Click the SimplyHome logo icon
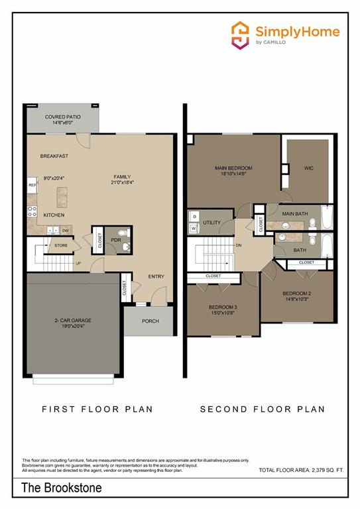(x=240, y=34)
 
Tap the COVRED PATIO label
(x=63, y=117)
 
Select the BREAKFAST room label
(x=54, y=156)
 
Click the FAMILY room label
(x=122, y=177)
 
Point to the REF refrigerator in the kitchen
(x=32, y=186)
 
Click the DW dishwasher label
(x=66, y=231)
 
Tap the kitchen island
(x=64, y=196)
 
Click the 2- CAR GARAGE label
(x=73, y=320)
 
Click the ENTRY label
(x=156, y=276)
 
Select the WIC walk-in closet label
(x=308, y=168)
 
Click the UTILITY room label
(x=211, y=223)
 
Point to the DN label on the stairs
(x=238, y=245)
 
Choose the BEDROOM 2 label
(x=297, y=293)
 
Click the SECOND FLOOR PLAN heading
(x=263, y=409)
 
